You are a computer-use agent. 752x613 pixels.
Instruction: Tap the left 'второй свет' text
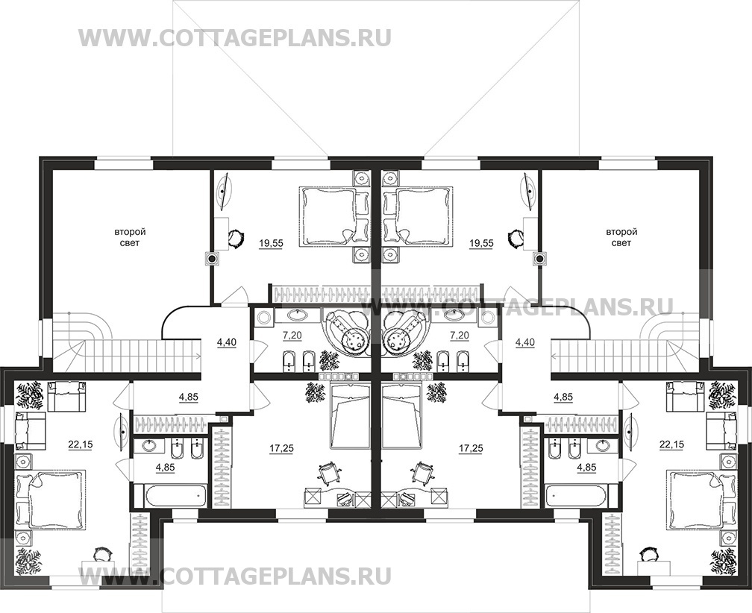tap(130, 238)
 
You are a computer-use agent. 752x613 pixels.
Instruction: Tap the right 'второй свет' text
tap(621, 238)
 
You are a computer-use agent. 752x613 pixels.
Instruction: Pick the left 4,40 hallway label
tap(226, 342)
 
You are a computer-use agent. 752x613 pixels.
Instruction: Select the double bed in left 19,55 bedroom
tap(328, 216)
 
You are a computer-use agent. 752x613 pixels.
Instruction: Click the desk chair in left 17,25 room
tap(328, 473)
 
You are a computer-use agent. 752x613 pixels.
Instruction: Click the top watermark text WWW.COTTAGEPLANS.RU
tap(234, 37)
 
